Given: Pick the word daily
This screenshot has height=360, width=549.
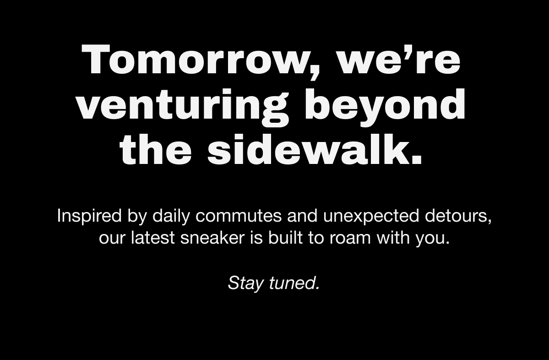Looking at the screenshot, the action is (171, 216).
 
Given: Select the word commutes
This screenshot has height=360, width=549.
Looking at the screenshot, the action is (239, 216).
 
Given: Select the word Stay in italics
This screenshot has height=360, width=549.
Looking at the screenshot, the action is (245, 283).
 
